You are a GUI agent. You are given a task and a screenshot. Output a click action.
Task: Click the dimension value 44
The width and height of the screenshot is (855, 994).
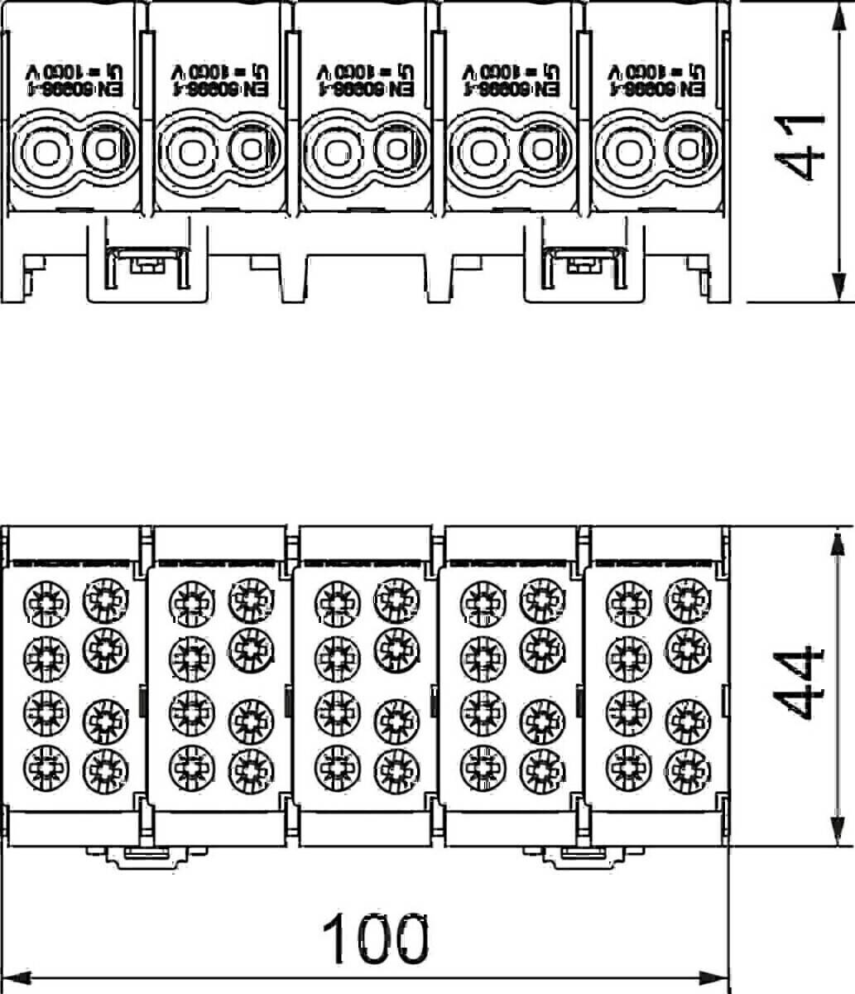[802, 683]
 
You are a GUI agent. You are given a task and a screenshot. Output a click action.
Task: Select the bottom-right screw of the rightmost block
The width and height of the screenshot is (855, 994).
[687, 768]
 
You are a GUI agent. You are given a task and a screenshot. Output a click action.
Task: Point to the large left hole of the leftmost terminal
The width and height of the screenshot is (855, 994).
[41, 152]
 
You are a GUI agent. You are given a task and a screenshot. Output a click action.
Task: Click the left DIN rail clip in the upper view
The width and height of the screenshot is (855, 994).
[147, 263]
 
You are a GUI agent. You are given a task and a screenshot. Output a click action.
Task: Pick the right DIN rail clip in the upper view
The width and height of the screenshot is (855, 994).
[584, 263]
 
